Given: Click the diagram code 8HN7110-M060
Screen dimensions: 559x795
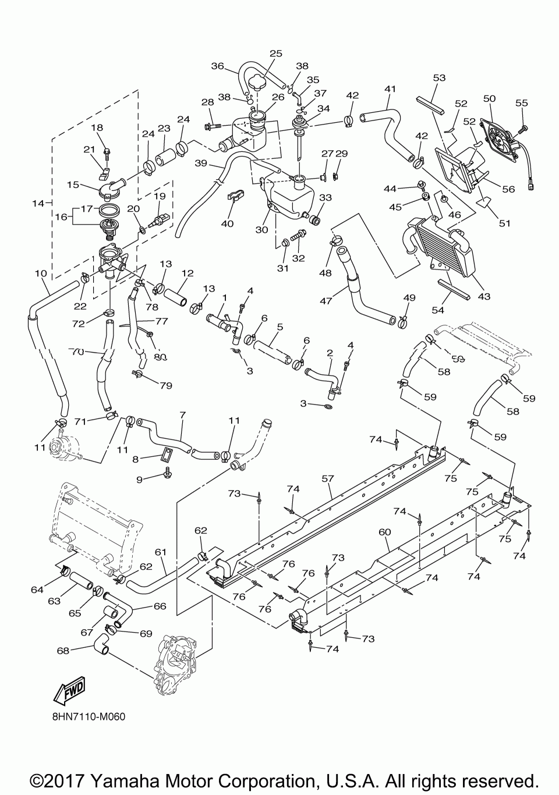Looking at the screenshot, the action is [x=89, y=717].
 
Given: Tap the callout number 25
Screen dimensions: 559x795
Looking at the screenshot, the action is [x=275, y=53].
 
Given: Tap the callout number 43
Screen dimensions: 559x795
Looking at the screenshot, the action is [x=484, y=296].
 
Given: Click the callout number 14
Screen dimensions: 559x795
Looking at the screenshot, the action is [x=38, y=203].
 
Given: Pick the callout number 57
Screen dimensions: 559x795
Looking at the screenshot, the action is [x=327, y=479].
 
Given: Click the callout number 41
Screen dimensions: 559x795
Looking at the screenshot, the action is [x=390, y=88].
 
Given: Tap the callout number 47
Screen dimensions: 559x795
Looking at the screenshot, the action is [x=326, y=301].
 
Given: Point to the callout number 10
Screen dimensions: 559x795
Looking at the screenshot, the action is [x=41, y=274].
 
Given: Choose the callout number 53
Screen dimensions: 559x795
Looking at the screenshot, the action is [x=439, y=77].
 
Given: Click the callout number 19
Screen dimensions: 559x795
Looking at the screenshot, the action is [x=160, y=196].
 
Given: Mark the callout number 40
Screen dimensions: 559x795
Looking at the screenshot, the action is [x=227, y=223].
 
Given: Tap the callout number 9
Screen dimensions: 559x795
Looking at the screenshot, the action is [x=140, y=480].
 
